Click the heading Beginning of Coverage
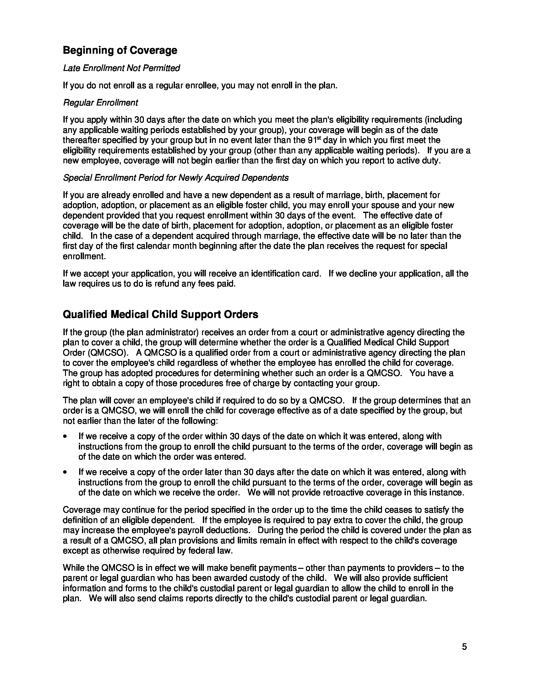click(120, 50)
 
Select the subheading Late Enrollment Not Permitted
click(122, 68)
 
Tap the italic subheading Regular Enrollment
click(100, 102)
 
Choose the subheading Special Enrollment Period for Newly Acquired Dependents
click(176, 178)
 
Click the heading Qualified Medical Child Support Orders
click(161, 314)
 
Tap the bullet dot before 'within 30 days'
click(65, 437)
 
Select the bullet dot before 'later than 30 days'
click(65, 472)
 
